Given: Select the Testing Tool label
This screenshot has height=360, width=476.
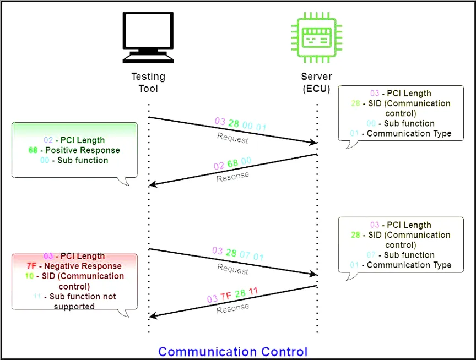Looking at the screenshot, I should (x=148, y=83).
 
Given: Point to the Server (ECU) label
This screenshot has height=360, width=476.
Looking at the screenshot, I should (x=316, y=83).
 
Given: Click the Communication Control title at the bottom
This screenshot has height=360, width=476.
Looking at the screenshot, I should (x=232, y=352).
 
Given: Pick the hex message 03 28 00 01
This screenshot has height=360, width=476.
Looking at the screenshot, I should (x=240, y=124).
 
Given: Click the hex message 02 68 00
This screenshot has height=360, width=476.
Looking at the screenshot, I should (x=232, y=163).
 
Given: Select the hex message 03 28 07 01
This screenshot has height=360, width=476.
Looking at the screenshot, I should (x=238, y=254).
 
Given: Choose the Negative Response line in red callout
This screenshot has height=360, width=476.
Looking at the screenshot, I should (x=74, y=266).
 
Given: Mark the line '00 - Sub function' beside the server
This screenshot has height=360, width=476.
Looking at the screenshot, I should (x=401, y=123).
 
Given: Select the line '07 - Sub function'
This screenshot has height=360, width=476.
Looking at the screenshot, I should (x=401, y=255).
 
